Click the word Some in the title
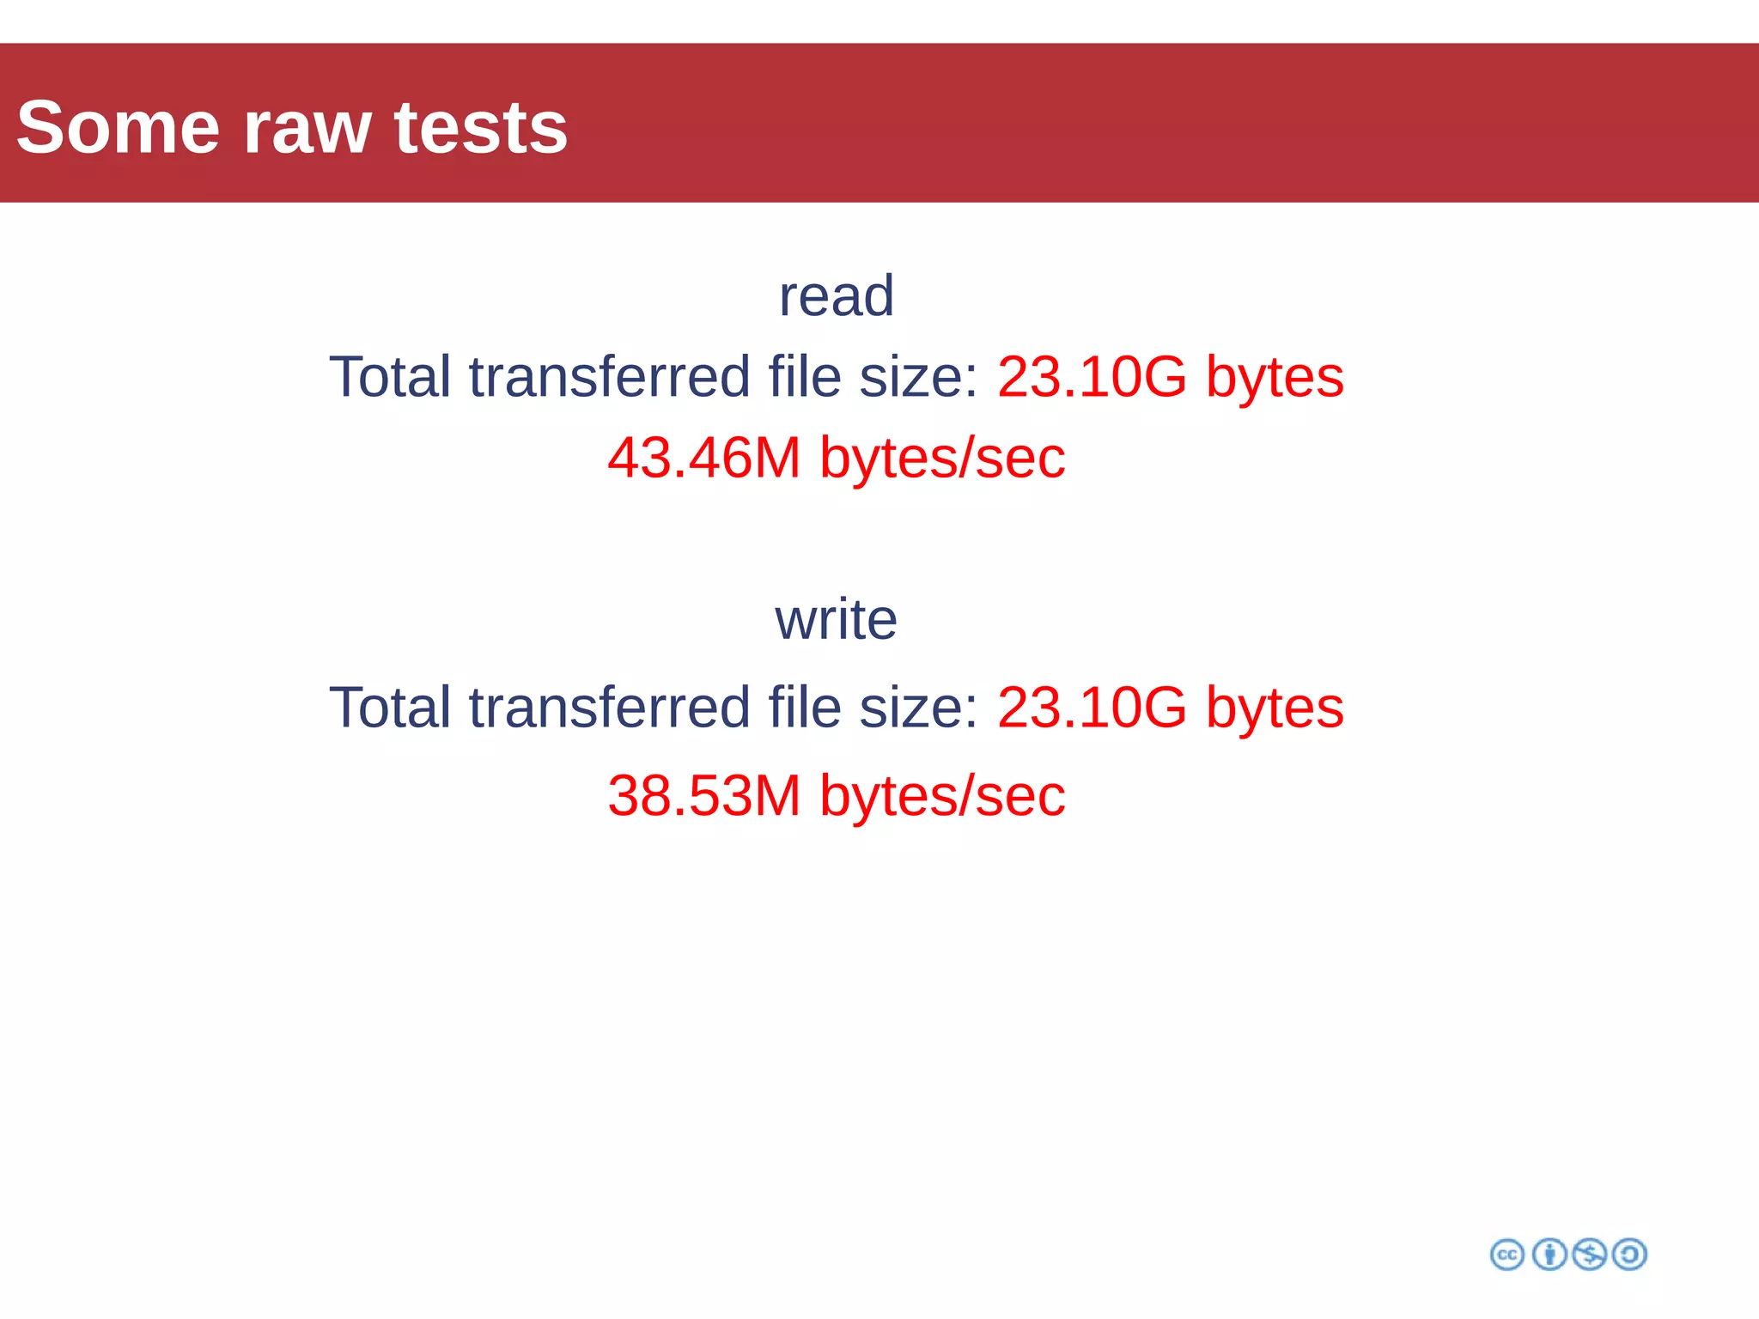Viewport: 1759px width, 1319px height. point(118,127)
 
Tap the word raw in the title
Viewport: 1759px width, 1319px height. point(307,129)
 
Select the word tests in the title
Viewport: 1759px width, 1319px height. point(480,127)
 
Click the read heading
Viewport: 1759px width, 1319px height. point(836,295)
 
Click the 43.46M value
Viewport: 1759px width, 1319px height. point(704,457)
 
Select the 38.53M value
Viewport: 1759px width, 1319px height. point(704,795)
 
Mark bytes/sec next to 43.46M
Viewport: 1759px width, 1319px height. point(942,457)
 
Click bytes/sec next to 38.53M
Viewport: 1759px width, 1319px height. point(942,795)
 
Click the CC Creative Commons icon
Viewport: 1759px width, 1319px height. point(1507,1255)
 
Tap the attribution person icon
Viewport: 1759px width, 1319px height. point(1549,1255)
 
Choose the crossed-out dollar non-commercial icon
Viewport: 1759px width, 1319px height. point(1589,1255)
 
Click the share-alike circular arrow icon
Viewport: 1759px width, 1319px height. point(1629,1255)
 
